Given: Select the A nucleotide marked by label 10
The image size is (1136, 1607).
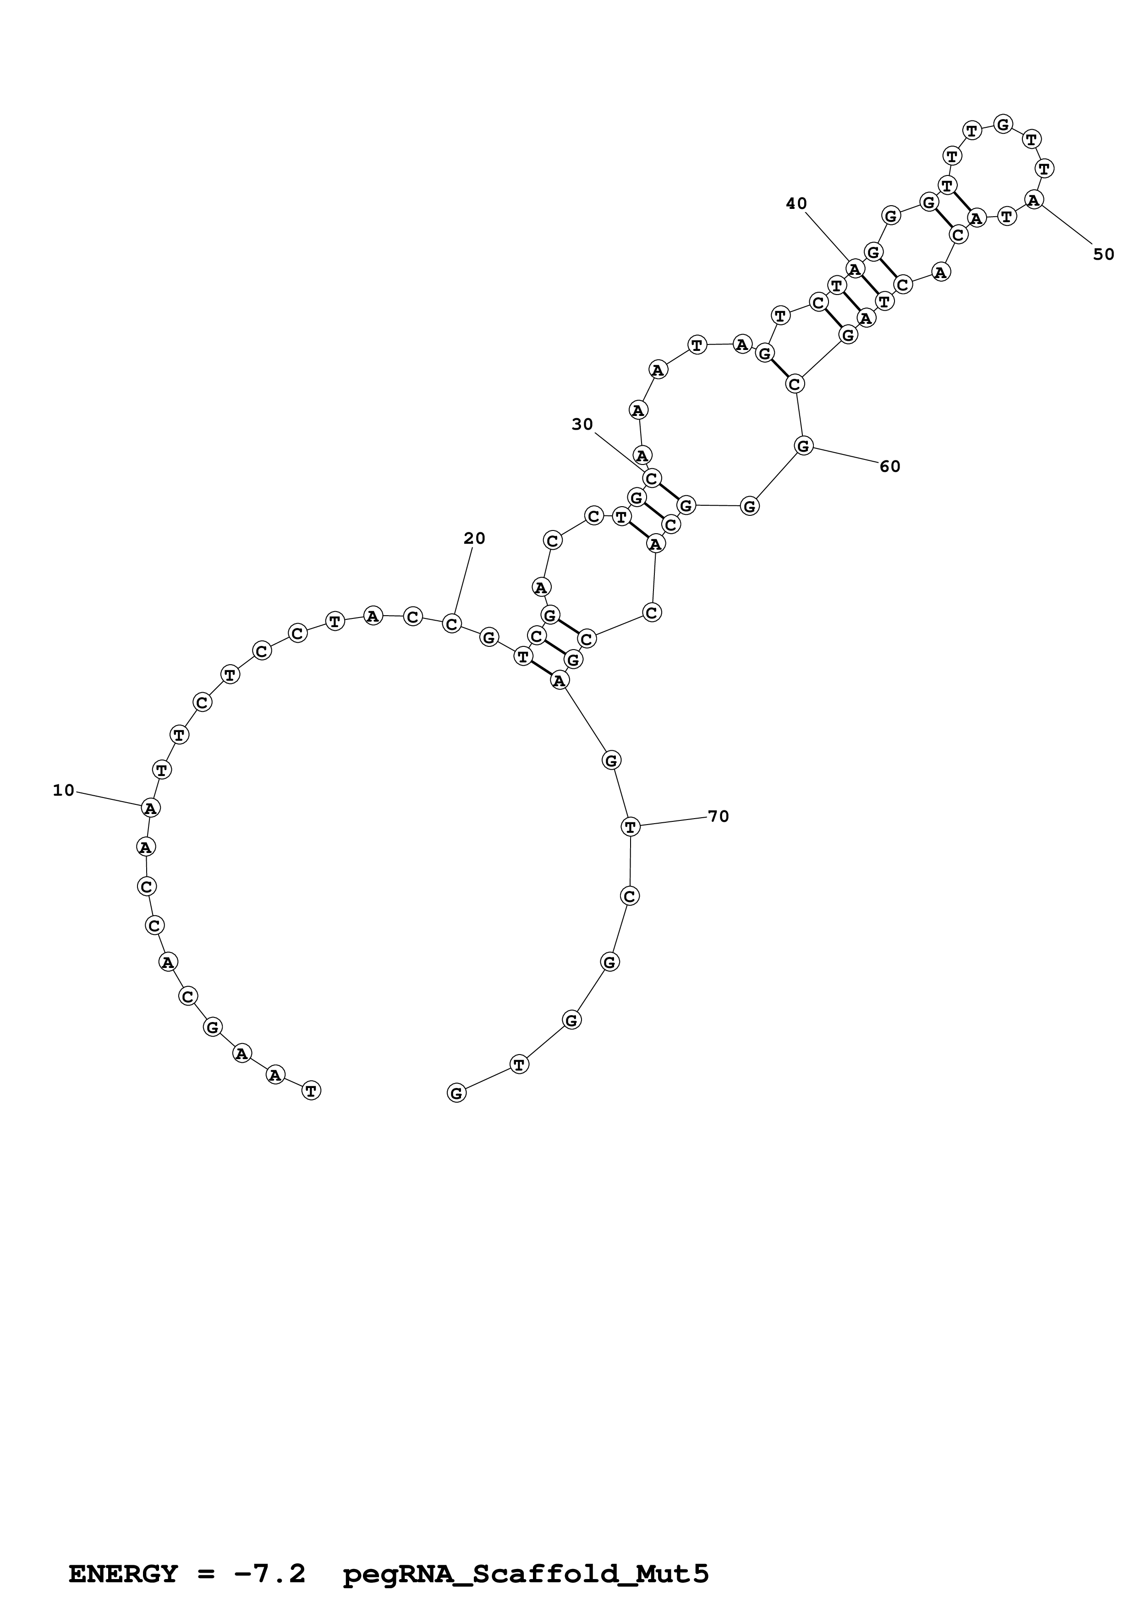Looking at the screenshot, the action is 150,808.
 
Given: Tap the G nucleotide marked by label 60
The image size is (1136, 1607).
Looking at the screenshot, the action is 803,445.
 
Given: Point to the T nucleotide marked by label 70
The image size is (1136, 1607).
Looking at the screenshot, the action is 631,826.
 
